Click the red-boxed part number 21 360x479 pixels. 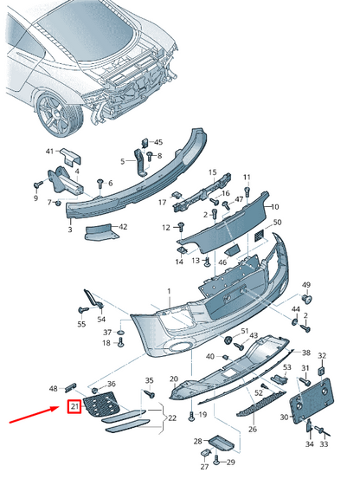click(74, 406)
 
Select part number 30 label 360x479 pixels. click(284, 417)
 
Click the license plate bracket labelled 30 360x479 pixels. click(312, 400)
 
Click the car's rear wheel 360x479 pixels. click(60, 114)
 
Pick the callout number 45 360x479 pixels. click(158, 142)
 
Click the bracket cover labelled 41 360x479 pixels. click(71, 157)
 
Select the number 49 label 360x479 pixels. click(306, 285)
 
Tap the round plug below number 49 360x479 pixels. click(306, 299)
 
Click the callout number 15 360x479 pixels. click(212, 172)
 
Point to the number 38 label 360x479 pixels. click(306, 353)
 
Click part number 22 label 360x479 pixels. click(172, 418)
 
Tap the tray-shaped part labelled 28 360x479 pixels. click(221, 443)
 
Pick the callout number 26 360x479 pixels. click(253, 429)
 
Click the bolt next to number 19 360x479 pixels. click(191, 416)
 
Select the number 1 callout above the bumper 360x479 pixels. click(170, 291)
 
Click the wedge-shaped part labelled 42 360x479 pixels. click(101, 232)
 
